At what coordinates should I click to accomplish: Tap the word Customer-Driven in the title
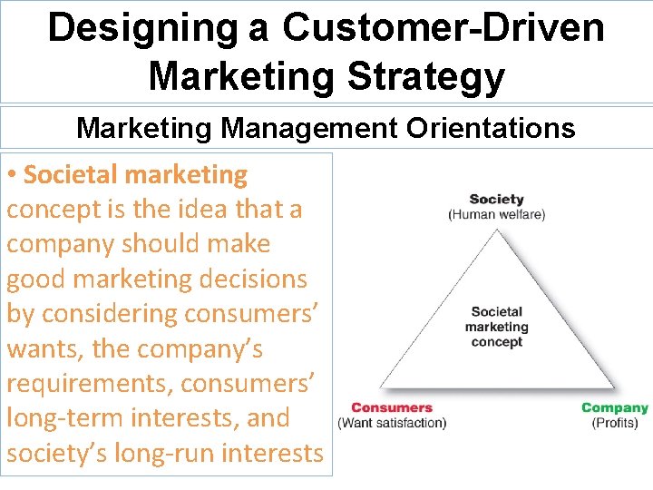coord(443,27)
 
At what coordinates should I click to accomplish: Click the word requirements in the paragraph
coord(89,384)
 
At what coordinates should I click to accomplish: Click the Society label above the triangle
coord(496,200)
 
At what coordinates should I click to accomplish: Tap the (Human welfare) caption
coord(496,214)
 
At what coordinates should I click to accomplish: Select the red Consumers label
coord(392,408)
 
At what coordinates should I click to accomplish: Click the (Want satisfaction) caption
coord(392,423)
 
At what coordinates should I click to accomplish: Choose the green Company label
coord(615,408)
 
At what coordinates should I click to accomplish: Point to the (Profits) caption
coord(615,423)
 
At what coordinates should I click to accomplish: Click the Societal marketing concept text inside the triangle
coord(496,327)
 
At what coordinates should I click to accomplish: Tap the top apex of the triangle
coord(496,230)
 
